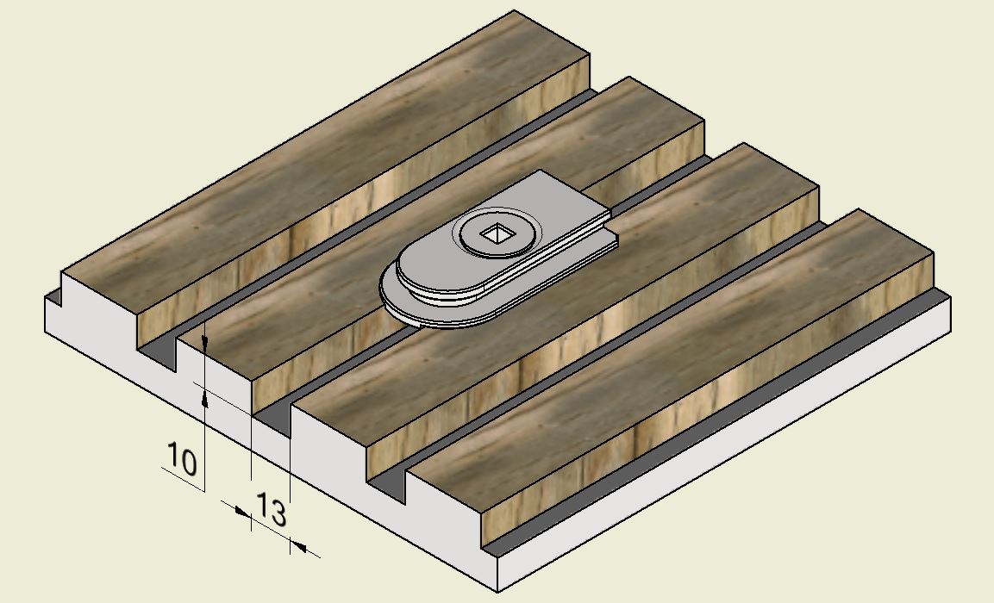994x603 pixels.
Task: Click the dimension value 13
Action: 271,510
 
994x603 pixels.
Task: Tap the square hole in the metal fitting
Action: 497,235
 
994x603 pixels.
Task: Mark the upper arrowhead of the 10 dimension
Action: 204,343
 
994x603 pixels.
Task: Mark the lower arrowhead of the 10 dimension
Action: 205,399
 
